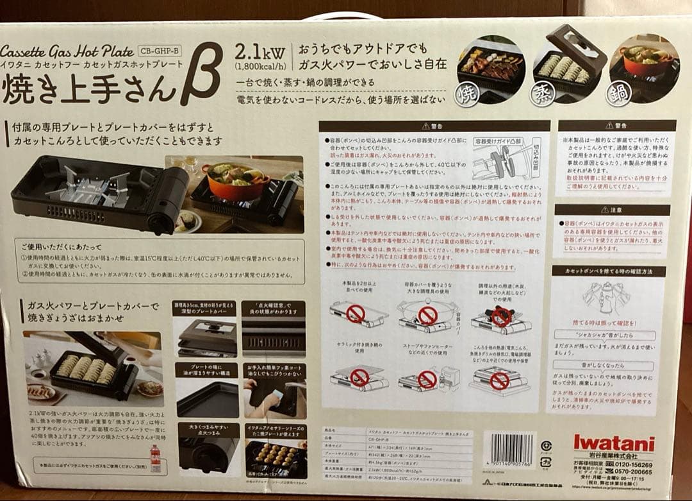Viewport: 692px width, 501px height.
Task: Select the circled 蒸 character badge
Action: [x=543, y=93]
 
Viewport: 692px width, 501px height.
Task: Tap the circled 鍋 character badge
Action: [x=620, y=93]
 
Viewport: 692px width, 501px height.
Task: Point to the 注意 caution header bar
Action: [x=611, y=210]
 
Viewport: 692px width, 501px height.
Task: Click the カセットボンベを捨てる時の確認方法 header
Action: [x=609, y=271]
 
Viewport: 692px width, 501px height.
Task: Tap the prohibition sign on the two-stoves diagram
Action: [x=356, y=314]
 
